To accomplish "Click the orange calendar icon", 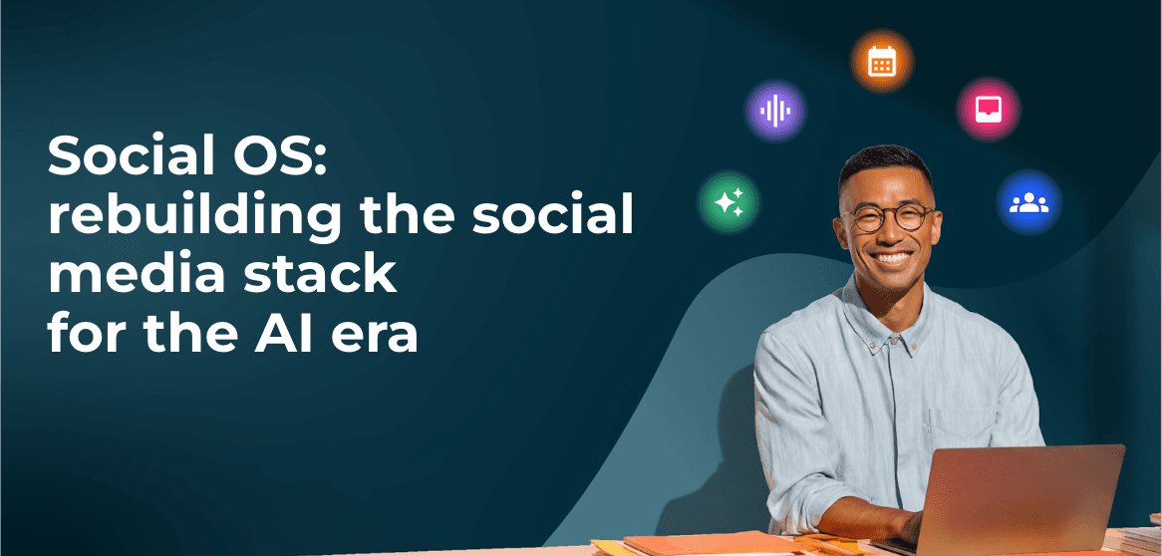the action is pos(881,62).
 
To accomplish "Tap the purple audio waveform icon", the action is pos(775,112).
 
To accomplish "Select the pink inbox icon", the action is pos(989,110).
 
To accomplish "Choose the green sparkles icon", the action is pos(729,201).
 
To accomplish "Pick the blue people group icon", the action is pos(1029,202).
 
